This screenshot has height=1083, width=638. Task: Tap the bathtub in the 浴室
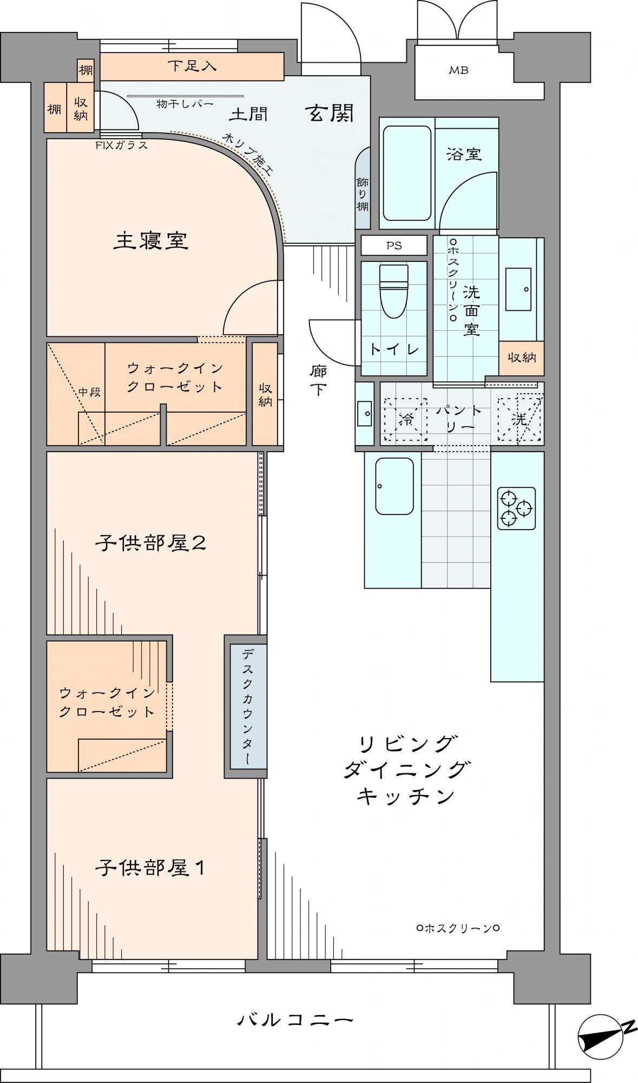[x=407, y=173]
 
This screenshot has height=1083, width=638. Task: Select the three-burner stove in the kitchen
[x=516, y=508]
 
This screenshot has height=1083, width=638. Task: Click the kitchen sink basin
[x=394, y=486]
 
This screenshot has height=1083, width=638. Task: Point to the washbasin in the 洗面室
[x=518, y=289]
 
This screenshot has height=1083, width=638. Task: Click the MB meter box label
[x=458, y=70]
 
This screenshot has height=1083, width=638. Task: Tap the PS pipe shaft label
[x=394, y=245]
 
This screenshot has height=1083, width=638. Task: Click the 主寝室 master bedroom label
[x=150, y=240]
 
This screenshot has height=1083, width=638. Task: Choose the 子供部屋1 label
[x=150, y=868]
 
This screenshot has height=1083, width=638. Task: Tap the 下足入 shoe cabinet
[x=192, y=66]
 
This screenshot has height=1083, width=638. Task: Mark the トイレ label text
[x=394, y=349]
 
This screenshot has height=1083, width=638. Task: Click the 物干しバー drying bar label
[x=185, y=103]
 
